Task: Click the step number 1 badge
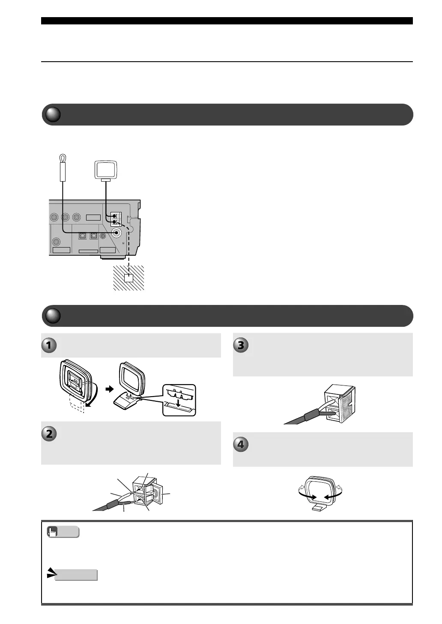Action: tap(49, 345)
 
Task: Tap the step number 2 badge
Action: tap(49, 434)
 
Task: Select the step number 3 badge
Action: tap(241, 345)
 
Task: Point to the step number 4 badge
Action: tap(241, 445)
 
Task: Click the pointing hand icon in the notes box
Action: tap(53, 532)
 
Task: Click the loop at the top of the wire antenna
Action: tap(63, 158)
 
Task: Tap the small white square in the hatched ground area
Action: tap(128, 278)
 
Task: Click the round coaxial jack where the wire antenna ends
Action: tap(116, 233)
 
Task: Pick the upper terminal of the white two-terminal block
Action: tap(115, 216)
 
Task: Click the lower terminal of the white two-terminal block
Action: tap(115, 222)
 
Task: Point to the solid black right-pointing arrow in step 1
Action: tap(110, 389)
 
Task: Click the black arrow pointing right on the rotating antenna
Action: tap(312, 497)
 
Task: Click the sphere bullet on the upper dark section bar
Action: tap(53, 114)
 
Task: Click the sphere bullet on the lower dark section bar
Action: tap(53, 316)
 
